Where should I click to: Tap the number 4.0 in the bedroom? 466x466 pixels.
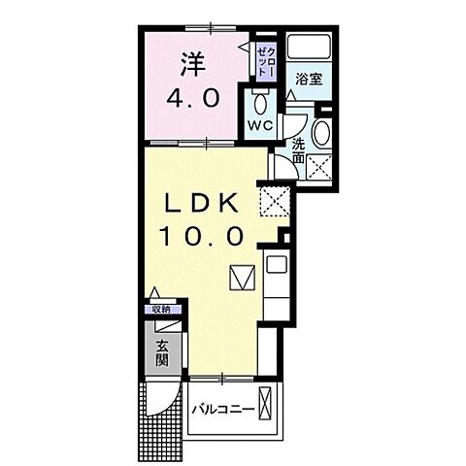(199, 99)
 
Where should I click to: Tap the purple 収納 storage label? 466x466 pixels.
(159, 310)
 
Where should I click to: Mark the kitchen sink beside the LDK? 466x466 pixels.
(273, 266)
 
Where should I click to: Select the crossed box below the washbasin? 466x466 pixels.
(318, 166)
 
